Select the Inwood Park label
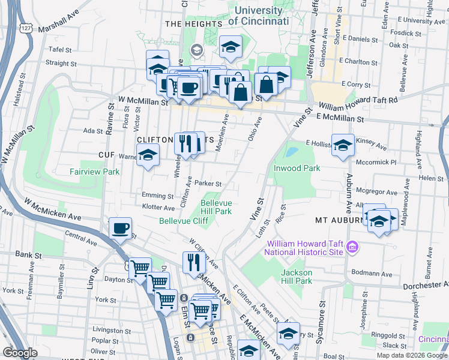[297, 168]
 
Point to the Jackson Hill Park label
[297, 277]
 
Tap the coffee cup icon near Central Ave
[121, 229]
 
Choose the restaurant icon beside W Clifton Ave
[194, 262]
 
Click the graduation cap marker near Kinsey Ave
[343, 145]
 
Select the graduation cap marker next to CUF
[148, 155]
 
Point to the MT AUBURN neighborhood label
[337, 221]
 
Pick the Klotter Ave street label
[158, 207]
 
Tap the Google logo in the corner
[20, 353]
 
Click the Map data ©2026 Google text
[412, 355]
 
